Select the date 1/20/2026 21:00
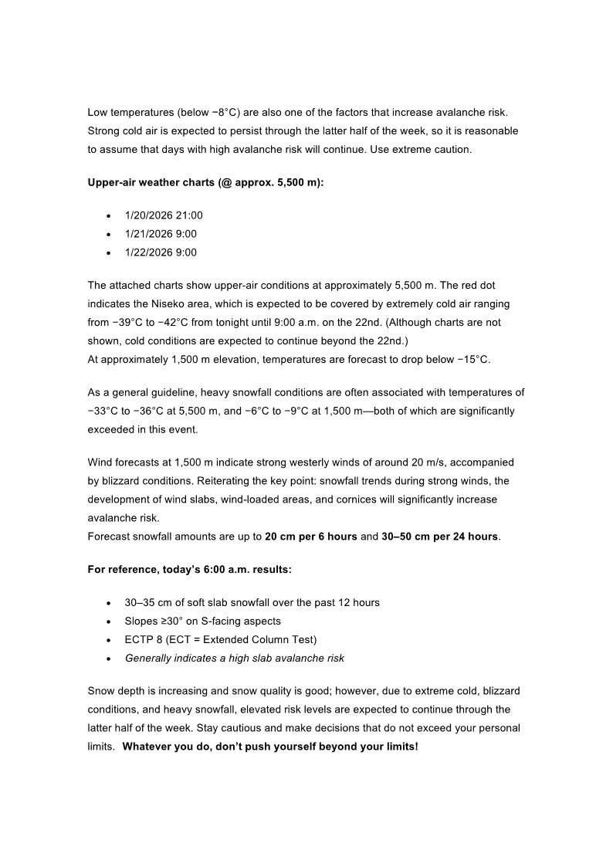click(x=164, y=215)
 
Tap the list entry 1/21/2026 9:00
click(x=161, y=234)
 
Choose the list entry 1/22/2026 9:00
click(x=161, y=252)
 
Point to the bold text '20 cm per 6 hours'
click(x=310, y=537)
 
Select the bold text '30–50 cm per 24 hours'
click(x=439, y=537)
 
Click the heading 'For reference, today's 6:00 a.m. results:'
click(x=189, y=570)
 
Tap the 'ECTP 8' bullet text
click(x=220, y=639)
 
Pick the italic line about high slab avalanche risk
click(x=234, y=659)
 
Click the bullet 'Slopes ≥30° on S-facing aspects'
click(x=202, y=621)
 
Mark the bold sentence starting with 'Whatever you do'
click(x=270, y=747)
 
